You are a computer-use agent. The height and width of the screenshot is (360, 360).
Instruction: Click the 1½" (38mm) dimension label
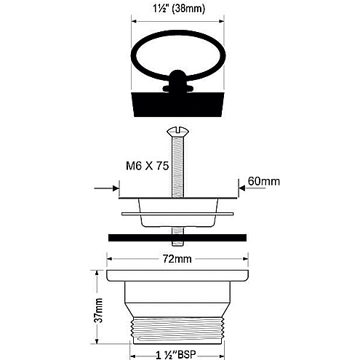tap(179, 9)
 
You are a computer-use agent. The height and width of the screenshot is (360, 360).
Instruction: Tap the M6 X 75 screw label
tap(147, 166)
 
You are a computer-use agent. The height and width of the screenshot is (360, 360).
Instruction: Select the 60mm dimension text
tap(264, 181)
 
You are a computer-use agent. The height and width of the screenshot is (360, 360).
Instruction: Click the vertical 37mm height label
tap(98, 311)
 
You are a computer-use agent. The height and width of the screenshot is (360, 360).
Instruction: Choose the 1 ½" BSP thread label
tap(175, 355)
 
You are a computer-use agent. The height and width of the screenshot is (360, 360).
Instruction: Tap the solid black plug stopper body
tap(177, 104)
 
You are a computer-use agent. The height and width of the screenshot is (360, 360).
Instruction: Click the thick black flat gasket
tap(177, 238)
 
